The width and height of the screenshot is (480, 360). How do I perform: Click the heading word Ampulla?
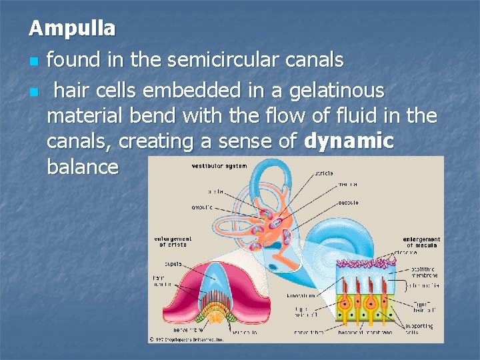point(72,28)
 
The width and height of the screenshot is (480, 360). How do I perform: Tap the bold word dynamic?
point(349,141)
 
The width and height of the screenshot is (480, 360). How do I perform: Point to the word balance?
point(83,167)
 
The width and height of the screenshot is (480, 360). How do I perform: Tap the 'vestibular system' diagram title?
point(219,166)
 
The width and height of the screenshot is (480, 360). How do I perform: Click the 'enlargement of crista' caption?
point(173,241)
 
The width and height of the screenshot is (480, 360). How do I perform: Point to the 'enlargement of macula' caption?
point(421,242)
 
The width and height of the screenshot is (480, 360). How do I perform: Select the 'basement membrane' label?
point(363,331)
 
